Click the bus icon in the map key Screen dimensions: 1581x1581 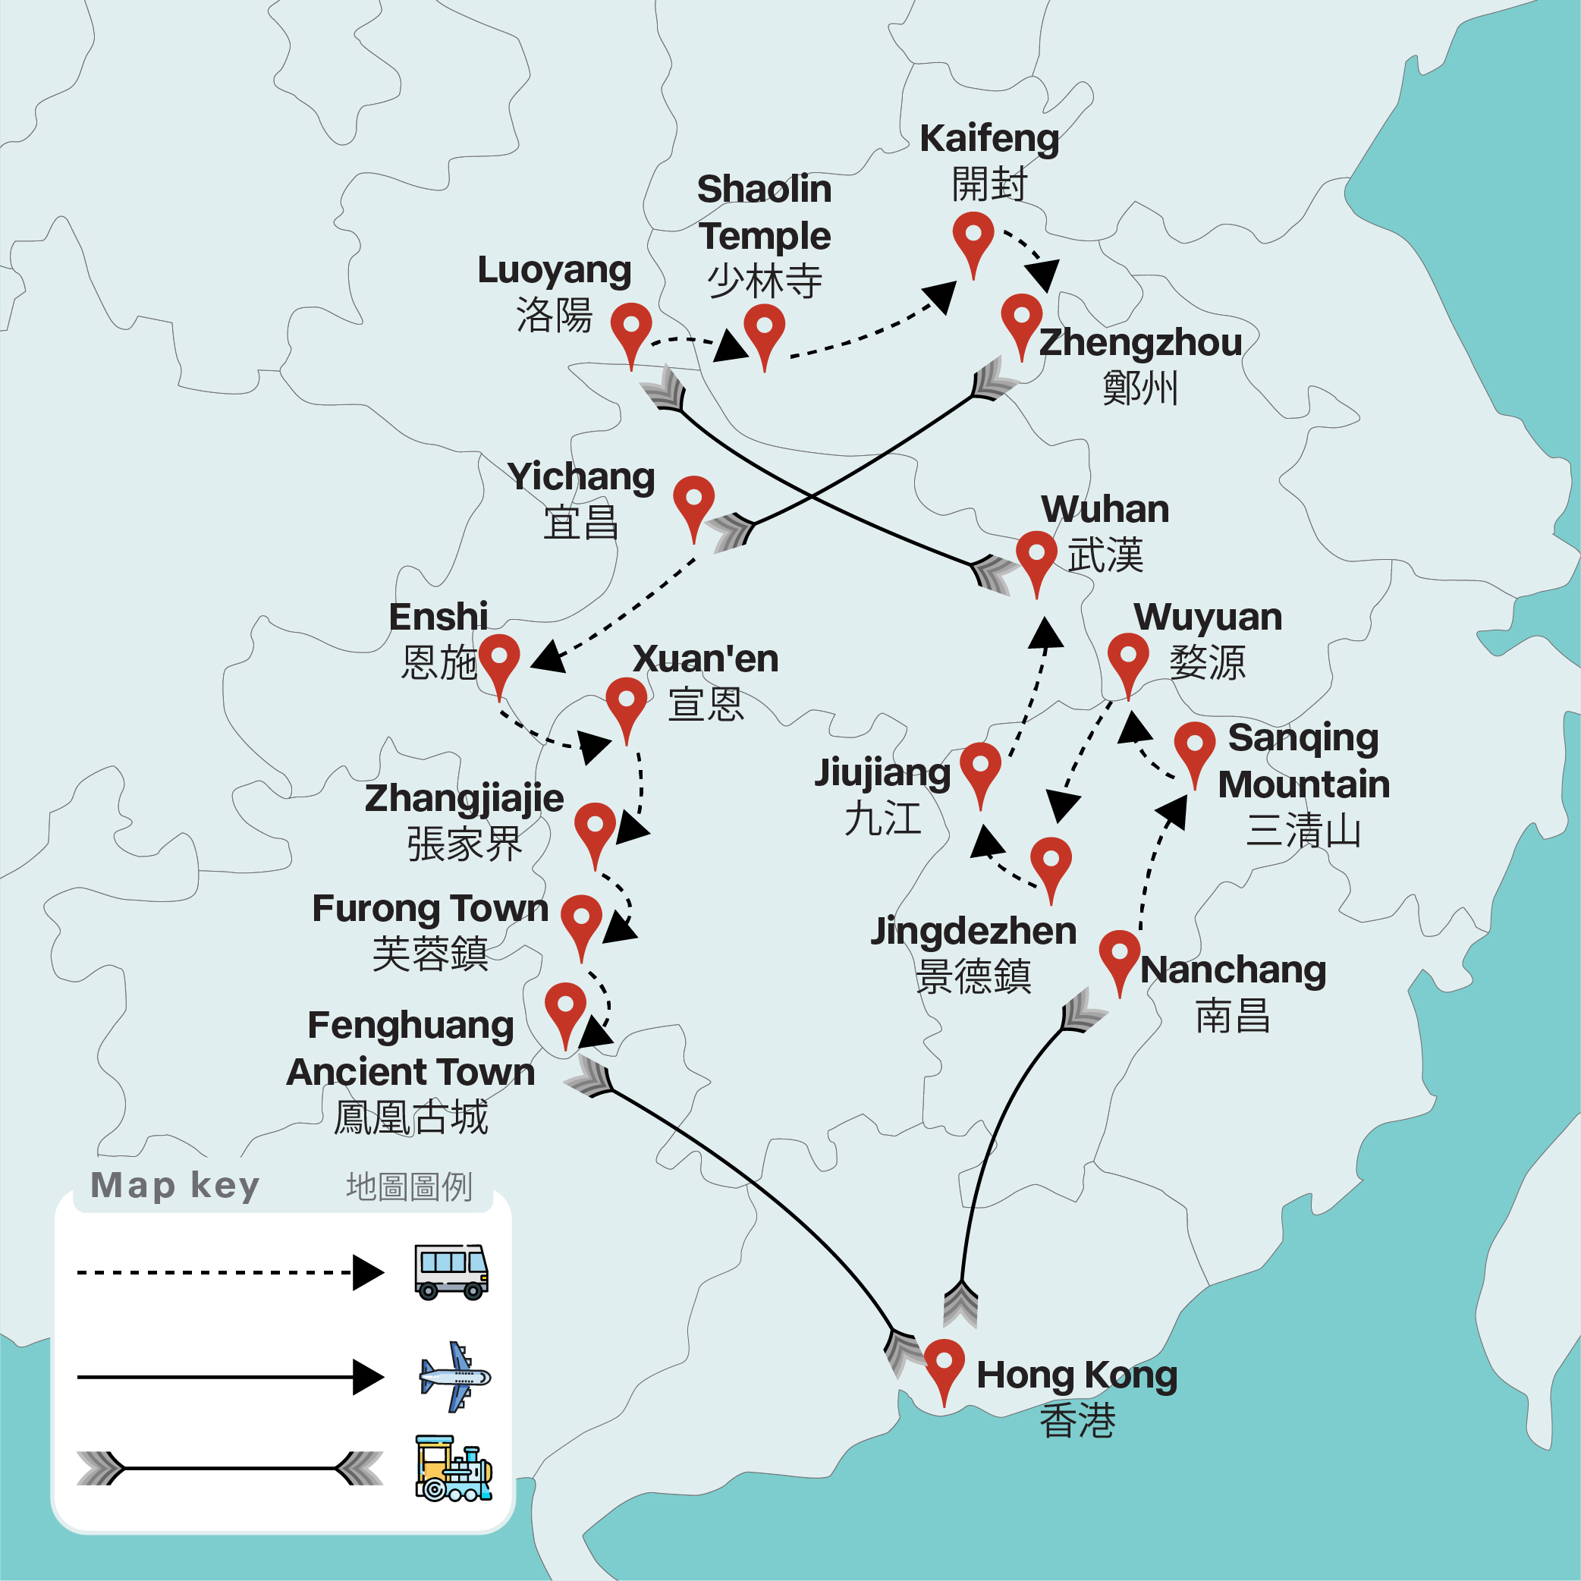(451, 1271)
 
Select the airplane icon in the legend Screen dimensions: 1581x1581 (454, 1376)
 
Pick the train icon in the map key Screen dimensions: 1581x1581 (454, 1468)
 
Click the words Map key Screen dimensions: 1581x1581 (175, 1185)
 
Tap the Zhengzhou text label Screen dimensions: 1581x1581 (1140, 343)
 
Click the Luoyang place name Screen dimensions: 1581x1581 (554, 270)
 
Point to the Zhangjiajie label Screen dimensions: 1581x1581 (464, 798)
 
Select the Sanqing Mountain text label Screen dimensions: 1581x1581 (1303, 761)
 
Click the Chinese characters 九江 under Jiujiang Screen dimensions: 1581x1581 (882, 819)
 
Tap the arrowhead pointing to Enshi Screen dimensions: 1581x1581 (549, 657)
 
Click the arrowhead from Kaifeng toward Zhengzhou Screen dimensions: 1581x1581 (1045, 275)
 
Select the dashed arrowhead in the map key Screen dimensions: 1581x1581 (367, 1272)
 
